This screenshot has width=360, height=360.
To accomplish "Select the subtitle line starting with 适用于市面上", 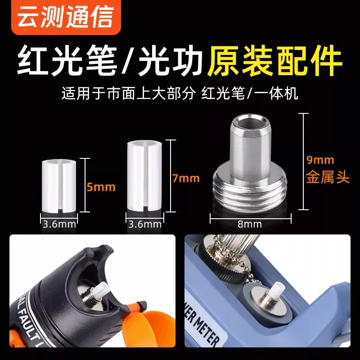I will pyautogui.click(x=180, y=94).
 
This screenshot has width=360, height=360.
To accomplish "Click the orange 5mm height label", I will pyautogui.click(x=101, y=186).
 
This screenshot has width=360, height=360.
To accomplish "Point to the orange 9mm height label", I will pyautogui.click(x=320, y=160).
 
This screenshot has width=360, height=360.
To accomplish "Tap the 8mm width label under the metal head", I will pyautogui.click(x=251, y=224).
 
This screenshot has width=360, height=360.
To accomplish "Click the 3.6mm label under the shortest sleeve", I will pyautogui.click(x=59, y=224).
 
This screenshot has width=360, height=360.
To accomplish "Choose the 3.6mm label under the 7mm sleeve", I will pyautogui.click(x=144, y=224).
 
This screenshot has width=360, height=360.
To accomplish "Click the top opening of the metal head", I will pyautogui.click(x=250, y=121).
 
